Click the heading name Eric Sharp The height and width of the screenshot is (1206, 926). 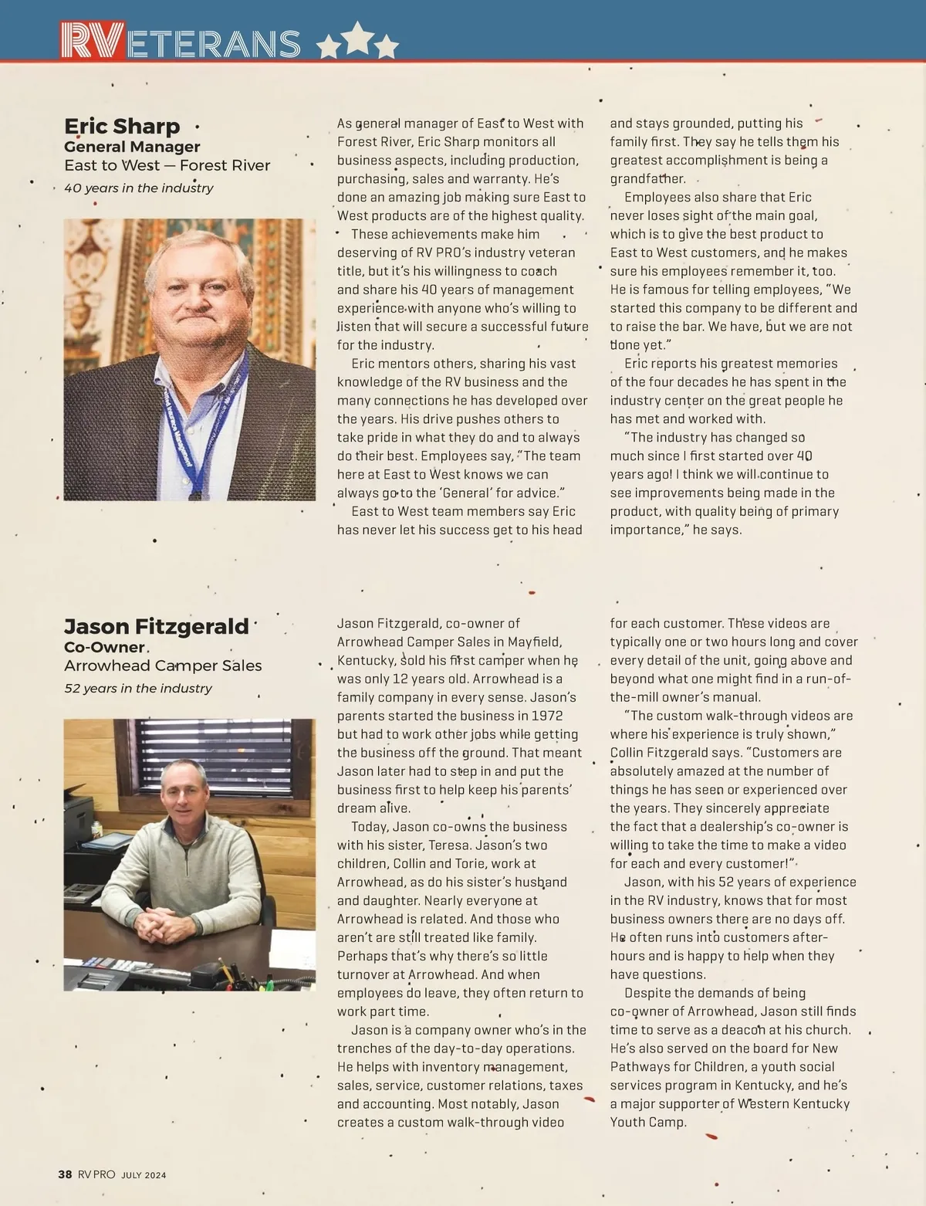(x=122, y=126)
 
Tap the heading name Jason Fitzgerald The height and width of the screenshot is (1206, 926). (x=157, y=626)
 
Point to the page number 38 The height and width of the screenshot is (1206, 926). (x=66, y=1174)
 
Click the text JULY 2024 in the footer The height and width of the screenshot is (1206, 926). (x=144, y=1175)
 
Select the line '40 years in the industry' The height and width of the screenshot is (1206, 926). (x=139, y=188)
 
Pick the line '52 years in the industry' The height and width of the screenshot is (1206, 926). (x=138, y=688)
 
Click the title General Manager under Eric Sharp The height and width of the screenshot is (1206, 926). (x=132, y=147)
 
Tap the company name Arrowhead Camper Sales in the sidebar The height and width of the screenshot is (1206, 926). (x=163, y=666)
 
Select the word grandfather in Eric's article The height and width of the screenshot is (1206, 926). (x=648, y=179)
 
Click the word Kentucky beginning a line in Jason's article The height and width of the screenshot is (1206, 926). (x=365, y=661)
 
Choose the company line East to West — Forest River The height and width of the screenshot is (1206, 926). (x=167, y=165)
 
